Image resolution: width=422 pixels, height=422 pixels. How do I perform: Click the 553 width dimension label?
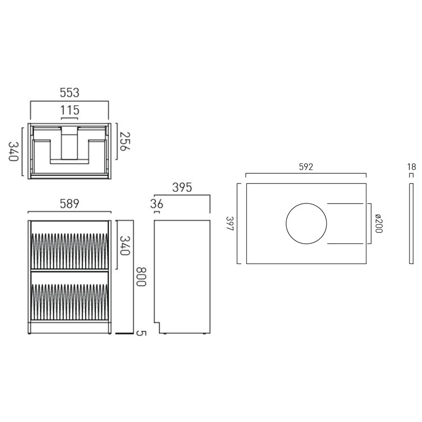(69, 93)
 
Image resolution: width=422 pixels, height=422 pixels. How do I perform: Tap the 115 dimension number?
(70, 110)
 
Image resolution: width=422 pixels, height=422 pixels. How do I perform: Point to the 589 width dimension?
(69, 204)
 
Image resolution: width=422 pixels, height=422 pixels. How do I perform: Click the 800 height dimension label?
(141, 277)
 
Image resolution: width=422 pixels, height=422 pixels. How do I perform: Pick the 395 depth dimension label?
(182, 187)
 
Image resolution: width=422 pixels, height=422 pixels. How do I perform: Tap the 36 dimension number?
(156, 204)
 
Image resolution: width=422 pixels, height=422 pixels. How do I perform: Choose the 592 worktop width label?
(306, 167)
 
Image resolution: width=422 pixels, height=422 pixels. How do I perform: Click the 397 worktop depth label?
(230, 223)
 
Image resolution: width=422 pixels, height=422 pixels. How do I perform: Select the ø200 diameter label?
(379, 223)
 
